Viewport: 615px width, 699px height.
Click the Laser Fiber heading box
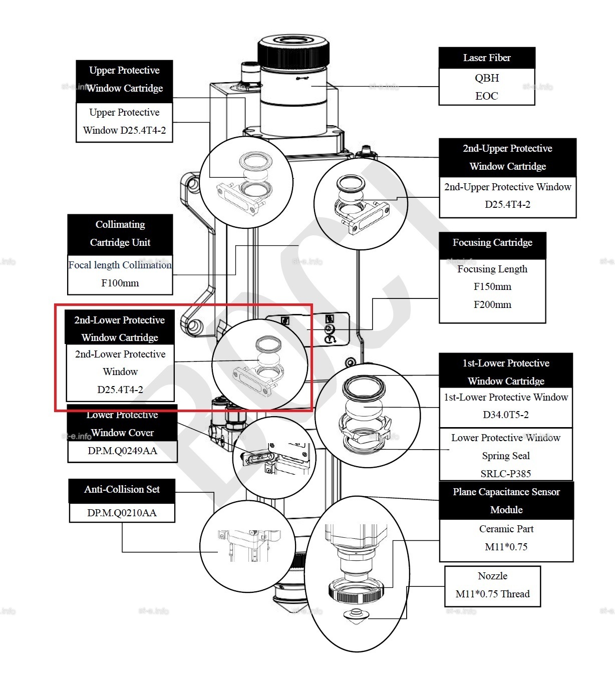[487, 58]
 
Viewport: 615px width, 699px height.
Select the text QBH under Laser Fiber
[487, 78]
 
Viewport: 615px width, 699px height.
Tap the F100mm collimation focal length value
[120, 283]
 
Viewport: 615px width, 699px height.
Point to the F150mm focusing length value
[492, 286]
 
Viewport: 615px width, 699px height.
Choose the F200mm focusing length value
[492, 304]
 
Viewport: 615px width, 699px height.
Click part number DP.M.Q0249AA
[122, 451]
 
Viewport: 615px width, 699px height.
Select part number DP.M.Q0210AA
[122, 513]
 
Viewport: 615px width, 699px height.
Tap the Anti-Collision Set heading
[122, 490]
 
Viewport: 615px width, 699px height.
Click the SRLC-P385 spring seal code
[506, 473]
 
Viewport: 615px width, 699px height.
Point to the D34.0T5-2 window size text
[506, 415]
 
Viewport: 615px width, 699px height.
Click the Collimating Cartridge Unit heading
[120, 234]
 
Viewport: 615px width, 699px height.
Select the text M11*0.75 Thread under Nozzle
[492, 594]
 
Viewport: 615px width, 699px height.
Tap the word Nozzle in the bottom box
[492, 576]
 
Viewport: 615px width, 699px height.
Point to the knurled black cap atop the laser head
[293, 52]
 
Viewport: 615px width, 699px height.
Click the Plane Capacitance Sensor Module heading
[506, 501]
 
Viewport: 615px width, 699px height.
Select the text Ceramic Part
[506, 529]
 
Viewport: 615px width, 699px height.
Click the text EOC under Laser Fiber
[487, 96]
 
